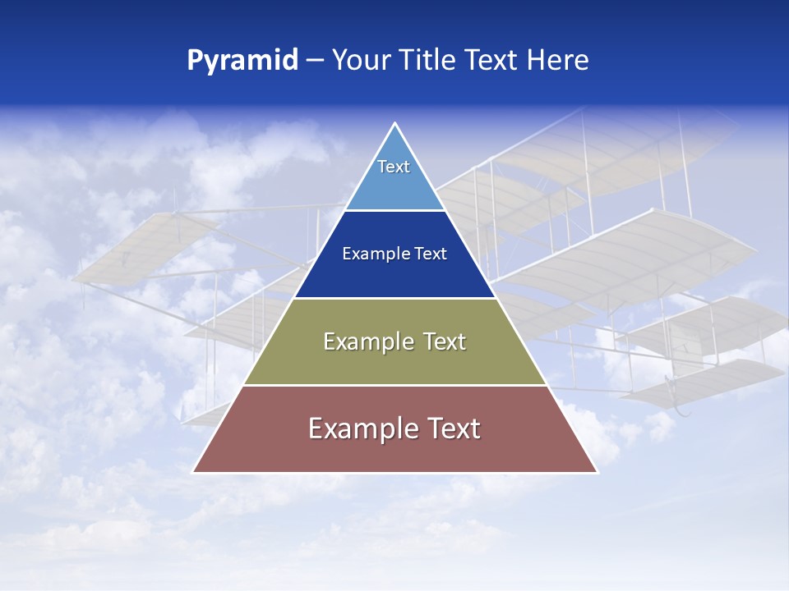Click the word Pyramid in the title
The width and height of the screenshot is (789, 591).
242,61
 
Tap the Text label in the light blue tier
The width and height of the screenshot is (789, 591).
394,167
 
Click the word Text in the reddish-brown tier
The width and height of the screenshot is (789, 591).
453,428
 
